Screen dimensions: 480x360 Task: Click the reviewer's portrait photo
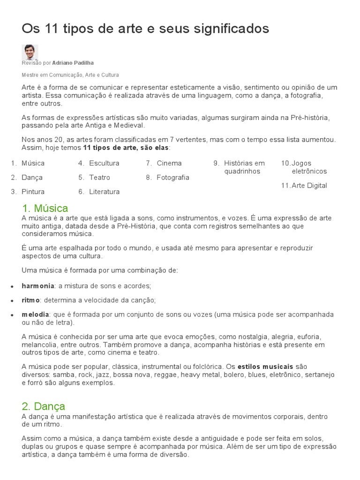[x=30, y=52]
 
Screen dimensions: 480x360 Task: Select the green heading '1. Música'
[x=45, y=208]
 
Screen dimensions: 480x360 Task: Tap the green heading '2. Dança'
[x=43, y=406]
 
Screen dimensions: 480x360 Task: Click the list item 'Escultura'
[x=104, y=163]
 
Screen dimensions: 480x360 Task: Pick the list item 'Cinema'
[x=169, y=163]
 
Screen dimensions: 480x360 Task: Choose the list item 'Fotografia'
[x=173, y=177]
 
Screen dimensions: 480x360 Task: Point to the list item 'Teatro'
[x=99, y=177]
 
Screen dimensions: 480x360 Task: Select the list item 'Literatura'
[x=104, y=191]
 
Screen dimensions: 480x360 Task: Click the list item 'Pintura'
[x=33, y=191]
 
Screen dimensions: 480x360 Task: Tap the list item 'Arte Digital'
[x=309, y=185]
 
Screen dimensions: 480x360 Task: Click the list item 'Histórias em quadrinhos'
[x=244, y=167]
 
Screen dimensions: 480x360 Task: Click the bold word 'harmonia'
[x=38, y=285]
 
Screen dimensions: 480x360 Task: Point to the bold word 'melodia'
[x=35, y=315]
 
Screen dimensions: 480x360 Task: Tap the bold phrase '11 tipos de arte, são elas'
[x=126, y=148]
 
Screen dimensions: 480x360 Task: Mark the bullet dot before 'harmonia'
[x=11, y=286]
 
